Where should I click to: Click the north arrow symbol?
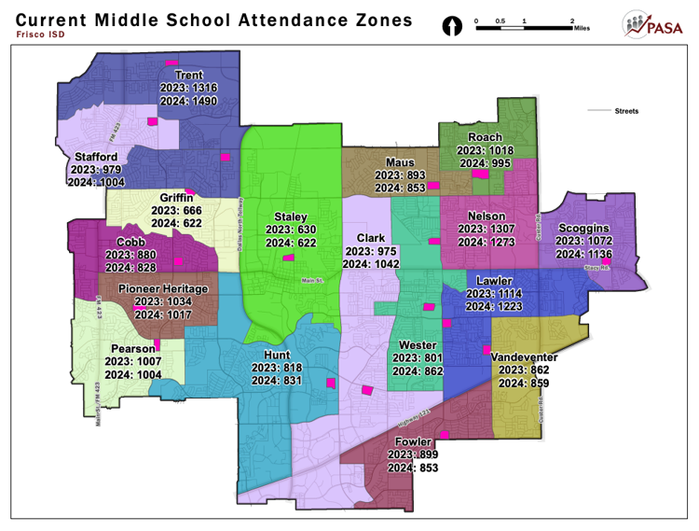click(453, 26)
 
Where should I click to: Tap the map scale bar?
click(524, 28)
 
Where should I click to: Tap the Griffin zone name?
click(176, 198)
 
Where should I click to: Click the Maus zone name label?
click(400, 162)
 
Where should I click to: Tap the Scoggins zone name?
click(584, 228)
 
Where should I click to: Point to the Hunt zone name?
click(277, 356)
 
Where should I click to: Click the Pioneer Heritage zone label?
click(162, 289)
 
